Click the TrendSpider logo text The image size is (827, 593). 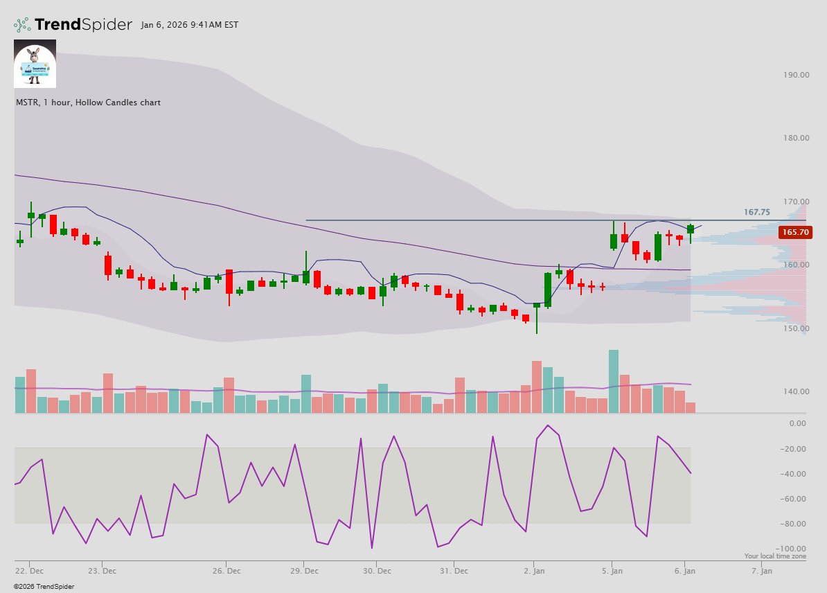pos(82,25)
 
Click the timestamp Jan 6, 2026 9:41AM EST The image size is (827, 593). pos(189,25)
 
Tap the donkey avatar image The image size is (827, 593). pos(35,64)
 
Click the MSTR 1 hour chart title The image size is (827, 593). pos(88,103)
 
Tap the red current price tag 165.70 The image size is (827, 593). pos(794,233)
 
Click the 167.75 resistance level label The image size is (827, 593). pos(757,212)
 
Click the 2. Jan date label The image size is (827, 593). pos(534,572)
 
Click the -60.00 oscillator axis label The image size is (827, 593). pos(793,499)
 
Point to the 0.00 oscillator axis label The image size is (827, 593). pos(797,423)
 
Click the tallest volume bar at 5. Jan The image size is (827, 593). pos(613,381)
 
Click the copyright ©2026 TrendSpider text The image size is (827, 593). pos(44,587)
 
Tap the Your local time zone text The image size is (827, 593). pos(775,556)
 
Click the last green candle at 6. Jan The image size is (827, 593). pos(691,229)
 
